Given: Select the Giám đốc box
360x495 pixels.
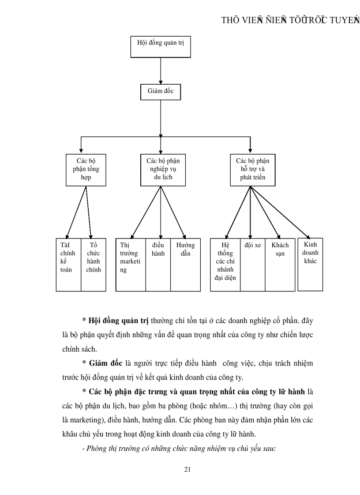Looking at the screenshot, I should tap(161, 91).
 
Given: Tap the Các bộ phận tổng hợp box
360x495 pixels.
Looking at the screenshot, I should tap(86, 169).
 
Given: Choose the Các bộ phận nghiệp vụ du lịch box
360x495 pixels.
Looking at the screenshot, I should tap(163, 169).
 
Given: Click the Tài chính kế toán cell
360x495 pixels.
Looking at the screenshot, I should tap(68, 264).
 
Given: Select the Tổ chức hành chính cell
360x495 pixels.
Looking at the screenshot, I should tap(94, 264).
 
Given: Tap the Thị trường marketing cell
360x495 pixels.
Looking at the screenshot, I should tap(131, 264).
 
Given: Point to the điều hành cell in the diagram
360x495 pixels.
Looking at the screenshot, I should tap(158, 264).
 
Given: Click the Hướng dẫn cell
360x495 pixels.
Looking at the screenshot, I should tap(185, 264).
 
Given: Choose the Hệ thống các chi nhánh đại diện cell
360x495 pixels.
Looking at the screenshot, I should tap(225, 264).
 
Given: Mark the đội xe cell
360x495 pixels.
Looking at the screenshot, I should tap(252, 264).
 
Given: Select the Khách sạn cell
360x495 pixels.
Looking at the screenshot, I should tap(280, 264).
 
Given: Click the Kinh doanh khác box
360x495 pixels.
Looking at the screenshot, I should tap(310, 263).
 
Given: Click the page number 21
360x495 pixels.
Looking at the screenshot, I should tap(187, 469).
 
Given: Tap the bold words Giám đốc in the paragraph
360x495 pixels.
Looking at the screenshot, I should tap(105, 364).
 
